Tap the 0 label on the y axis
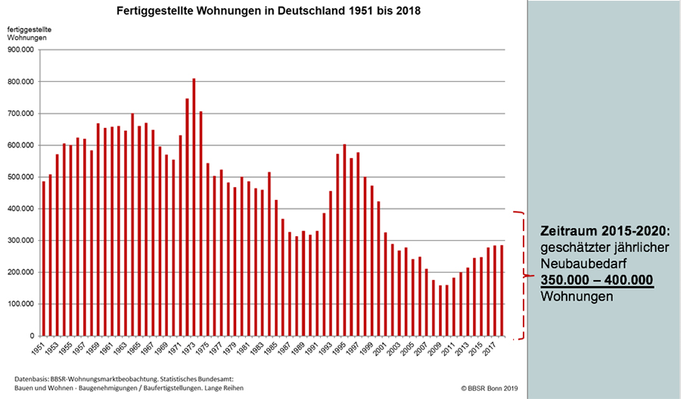32,336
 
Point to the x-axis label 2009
437,351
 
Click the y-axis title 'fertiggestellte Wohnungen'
30,33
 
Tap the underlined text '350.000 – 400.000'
597,279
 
